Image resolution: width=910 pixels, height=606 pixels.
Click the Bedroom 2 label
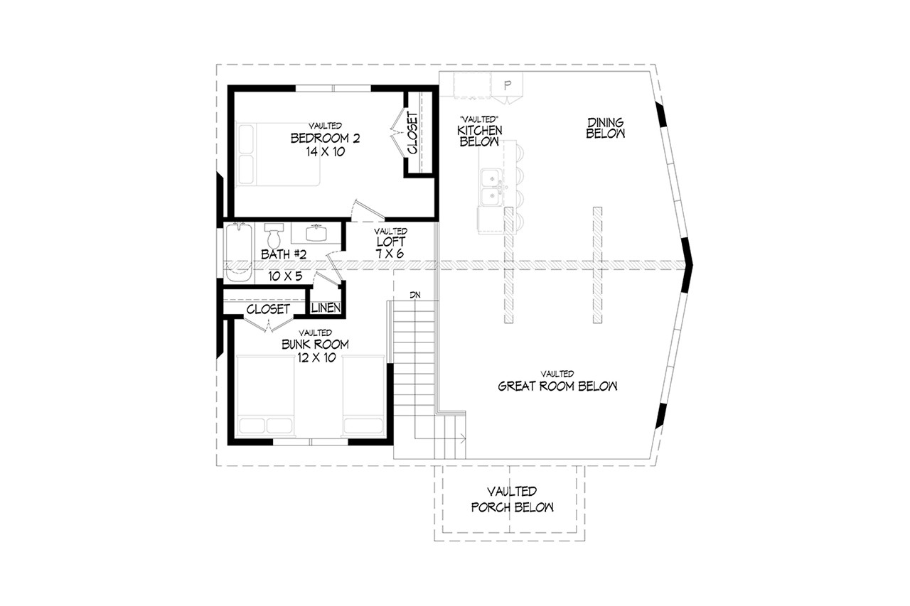[325, 138]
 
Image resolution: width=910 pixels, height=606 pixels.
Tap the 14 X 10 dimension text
[325, 151]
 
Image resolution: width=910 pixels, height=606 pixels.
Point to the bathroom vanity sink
[316, 232]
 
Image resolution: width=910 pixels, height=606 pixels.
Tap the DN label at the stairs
[414, 294]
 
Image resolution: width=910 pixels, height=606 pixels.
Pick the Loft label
[391, 242]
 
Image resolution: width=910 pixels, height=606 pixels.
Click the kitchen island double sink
[490, 186]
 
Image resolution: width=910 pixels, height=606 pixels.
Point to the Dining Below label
[605, 128]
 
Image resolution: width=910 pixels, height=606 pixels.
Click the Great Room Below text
[557, 386]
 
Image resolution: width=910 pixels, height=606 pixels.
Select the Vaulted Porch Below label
[511, 499]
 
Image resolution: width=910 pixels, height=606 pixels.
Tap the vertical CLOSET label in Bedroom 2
[413, 133]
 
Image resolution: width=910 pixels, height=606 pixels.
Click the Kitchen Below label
[481, 136]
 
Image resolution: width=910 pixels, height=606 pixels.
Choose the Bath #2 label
[283, 254]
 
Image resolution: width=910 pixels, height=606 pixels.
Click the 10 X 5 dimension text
[286, 276]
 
